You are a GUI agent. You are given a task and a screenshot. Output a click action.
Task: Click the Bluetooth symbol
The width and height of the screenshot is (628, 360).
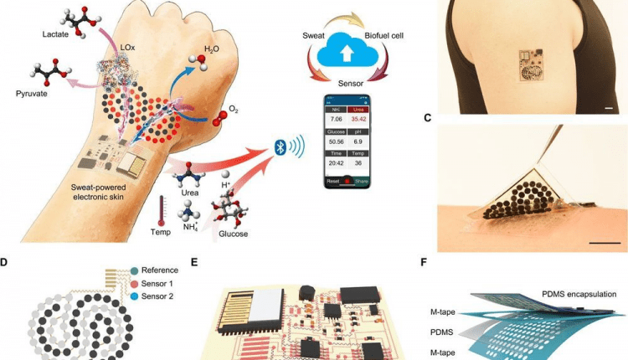coord(281,147)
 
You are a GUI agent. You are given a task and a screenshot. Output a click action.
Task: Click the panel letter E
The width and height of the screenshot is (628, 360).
coord(195,262)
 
